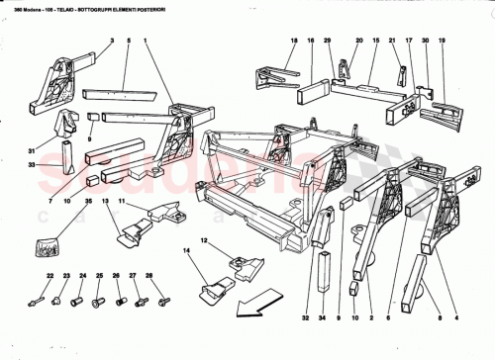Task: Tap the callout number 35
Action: click(x=88, y=201)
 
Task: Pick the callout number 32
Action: click(x=307, y=319)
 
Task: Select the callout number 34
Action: click(x=324, y=319)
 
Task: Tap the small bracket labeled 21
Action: click(x=403, y=75)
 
